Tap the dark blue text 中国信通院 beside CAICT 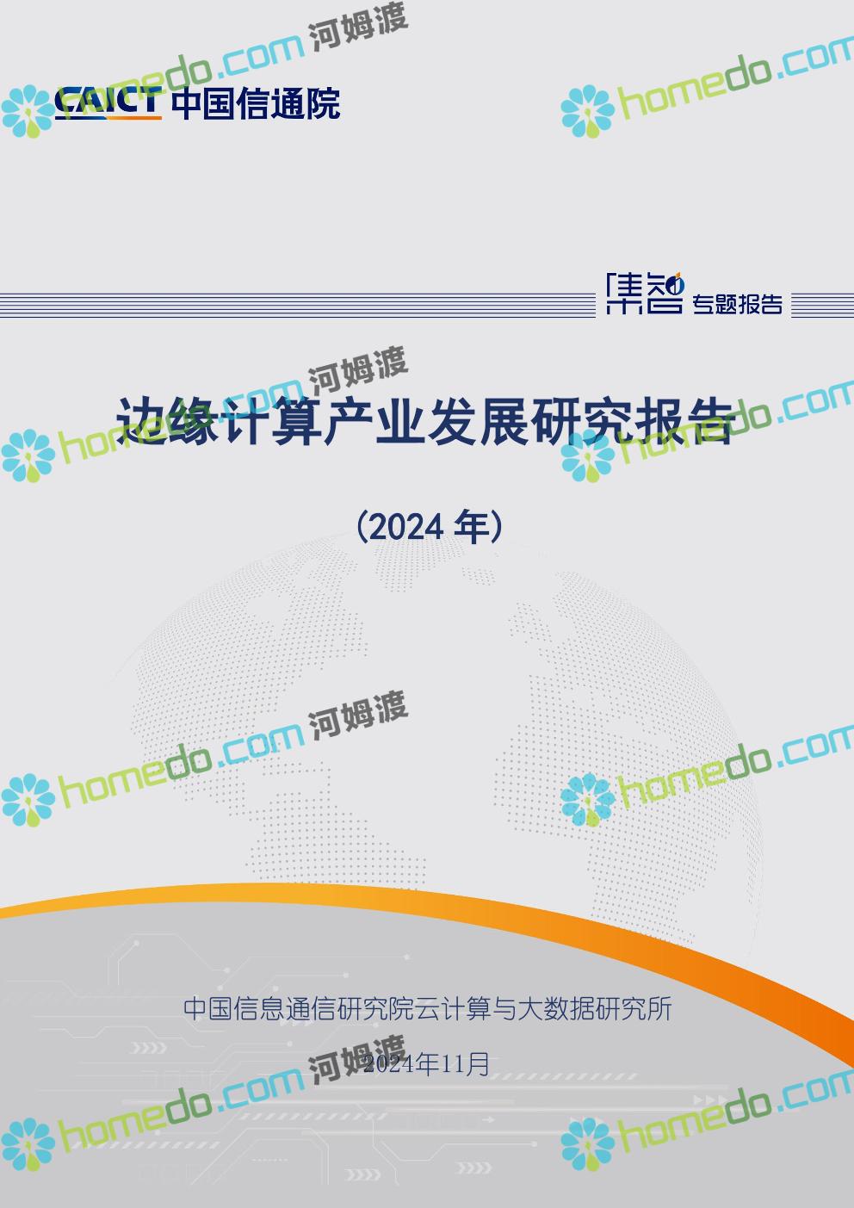click(x=256, y=103)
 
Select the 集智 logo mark click(x=645, y=293)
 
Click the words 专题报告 click(x=737, y=304)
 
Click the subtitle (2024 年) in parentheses click(x=430, y=527)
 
